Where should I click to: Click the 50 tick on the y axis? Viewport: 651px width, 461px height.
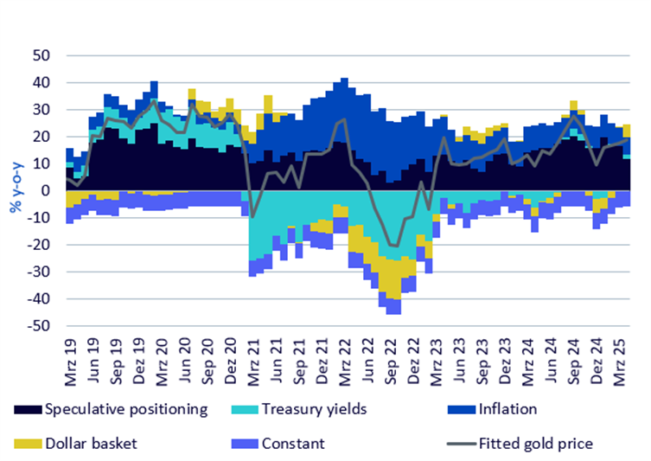pyautogui.click(x=41, y=55)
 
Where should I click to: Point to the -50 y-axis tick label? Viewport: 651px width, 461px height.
pyautogui.click(x=39, y=326)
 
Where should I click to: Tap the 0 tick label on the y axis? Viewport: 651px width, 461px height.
pyautogui.click(x=46, y=190)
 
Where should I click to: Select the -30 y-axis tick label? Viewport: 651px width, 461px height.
pyautogui.click(x=39, y=272)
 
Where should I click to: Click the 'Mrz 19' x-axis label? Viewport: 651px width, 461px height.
pyautogui.click(x=71, y=357)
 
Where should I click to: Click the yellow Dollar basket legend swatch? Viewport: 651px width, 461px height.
pyautogui.click(x=26, y=444)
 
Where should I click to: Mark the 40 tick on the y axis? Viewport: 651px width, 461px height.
pyautogui.click(x=41, y=83)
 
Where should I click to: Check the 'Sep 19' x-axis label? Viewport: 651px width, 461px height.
pyautogui.click(x=117, y=357)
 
